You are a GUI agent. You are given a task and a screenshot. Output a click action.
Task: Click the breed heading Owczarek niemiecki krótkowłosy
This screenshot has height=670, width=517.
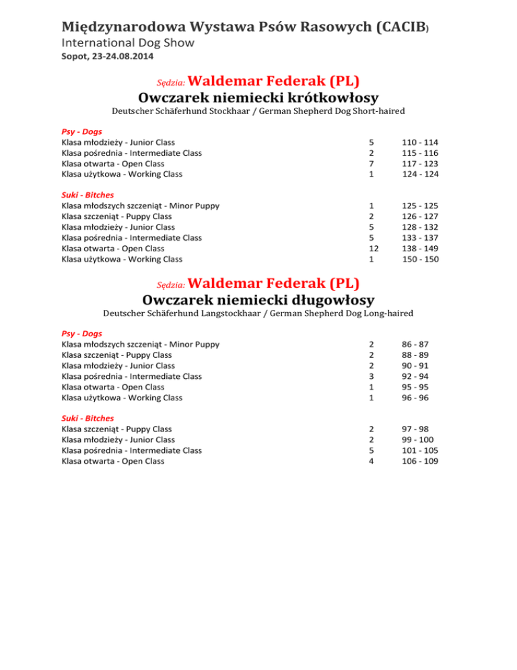258,98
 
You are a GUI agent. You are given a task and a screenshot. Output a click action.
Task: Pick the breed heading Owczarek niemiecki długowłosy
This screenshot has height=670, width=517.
258,299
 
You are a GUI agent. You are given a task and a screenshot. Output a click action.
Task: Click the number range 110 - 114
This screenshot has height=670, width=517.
419,142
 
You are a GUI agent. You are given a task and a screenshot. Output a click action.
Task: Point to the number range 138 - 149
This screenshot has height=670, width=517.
419,248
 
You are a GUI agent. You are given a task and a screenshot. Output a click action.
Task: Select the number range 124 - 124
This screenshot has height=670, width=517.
419,174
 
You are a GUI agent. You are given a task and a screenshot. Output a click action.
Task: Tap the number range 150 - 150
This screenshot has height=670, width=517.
419,259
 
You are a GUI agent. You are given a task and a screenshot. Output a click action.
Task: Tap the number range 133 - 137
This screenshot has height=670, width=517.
419,237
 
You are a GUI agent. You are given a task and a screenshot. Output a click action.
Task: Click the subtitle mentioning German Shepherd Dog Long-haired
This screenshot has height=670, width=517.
258,313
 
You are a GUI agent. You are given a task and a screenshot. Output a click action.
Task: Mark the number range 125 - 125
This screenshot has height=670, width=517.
419,206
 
